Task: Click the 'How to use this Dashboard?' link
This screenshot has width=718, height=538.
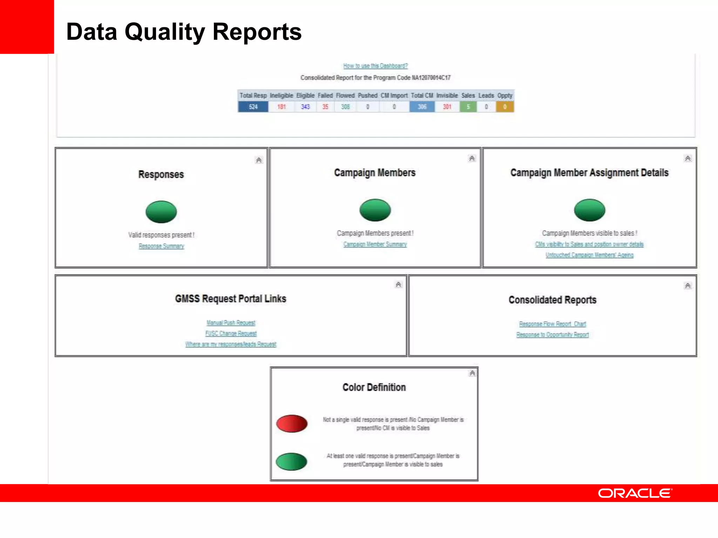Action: [x=375, y=66]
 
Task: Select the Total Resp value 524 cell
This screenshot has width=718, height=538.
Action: [x=253, y=107]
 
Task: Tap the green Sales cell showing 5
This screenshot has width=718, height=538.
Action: [x=468, y=107]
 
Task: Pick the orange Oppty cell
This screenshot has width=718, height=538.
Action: [x=504, y=107]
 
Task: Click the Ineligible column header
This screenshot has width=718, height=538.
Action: [x=281, y=96]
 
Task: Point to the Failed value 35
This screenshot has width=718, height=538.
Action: [x=325, y=107]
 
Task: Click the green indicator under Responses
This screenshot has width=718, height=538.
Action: [x=161, y=212]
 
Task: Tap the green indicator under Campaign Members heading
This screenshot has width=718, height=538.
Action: [x=375, y=210]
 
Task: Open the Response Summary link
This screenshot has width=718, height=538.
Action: [x=161, y=246]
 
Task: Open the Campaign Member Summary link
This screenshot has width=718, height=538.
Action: [x=375, y=244]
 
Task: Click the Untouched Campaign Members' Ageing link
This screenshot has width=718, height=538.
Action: [x=589, y=255]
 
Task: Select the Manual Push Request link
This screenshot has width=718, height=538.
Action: [x=231, y=323]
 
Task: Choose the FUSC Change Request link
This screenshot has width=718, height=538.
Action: [x=231, y=333]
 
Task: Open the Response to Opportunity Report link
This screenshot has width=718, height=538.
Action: [x=552, y=335]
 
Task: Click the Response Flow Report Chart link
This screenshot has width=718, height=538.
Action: [x=552, y=324]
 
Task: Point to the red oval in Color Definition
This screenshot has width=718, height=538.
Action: [x=292, y=423]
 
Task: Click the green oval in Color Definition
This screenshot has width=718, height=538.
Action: [x=291, y=462]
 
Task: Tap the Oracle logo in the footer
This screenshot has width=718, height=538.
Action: [x=635, y=493]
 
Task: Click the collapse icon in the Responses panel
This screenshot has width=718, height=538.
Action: [x=259, y=160]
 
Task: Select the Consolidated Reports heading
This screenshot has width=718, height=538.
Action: [x=552, y=300]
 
